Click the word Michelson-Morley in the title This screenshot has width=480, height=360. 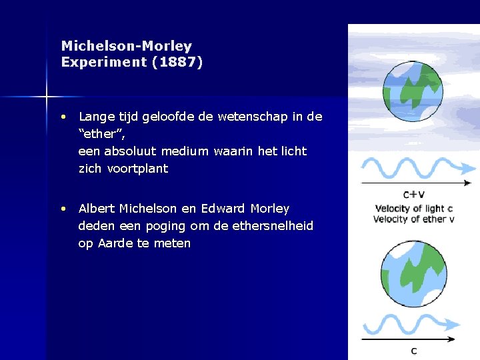pos(126,46)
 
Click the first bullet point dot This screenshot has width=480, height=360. pos(62,117)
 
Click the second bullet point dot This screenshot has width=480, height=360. pos(62,209)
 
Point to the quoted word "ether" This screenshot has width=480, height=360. pos(101,134)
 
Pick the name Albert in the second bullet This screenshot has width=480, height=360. pos(97,209)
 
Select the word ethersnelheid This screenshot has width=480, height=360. pos(271,226)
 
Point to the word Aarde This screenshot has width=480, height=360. pos(115,243)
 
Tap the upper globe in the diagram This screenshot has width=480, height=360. pos(413,91)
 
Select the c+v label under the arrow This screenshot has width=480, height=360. pos(414,195)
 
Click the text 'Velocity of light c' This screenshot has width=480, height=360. pos(413,209)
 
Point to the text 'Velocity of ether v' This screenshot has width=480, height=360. pos(413,219)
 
